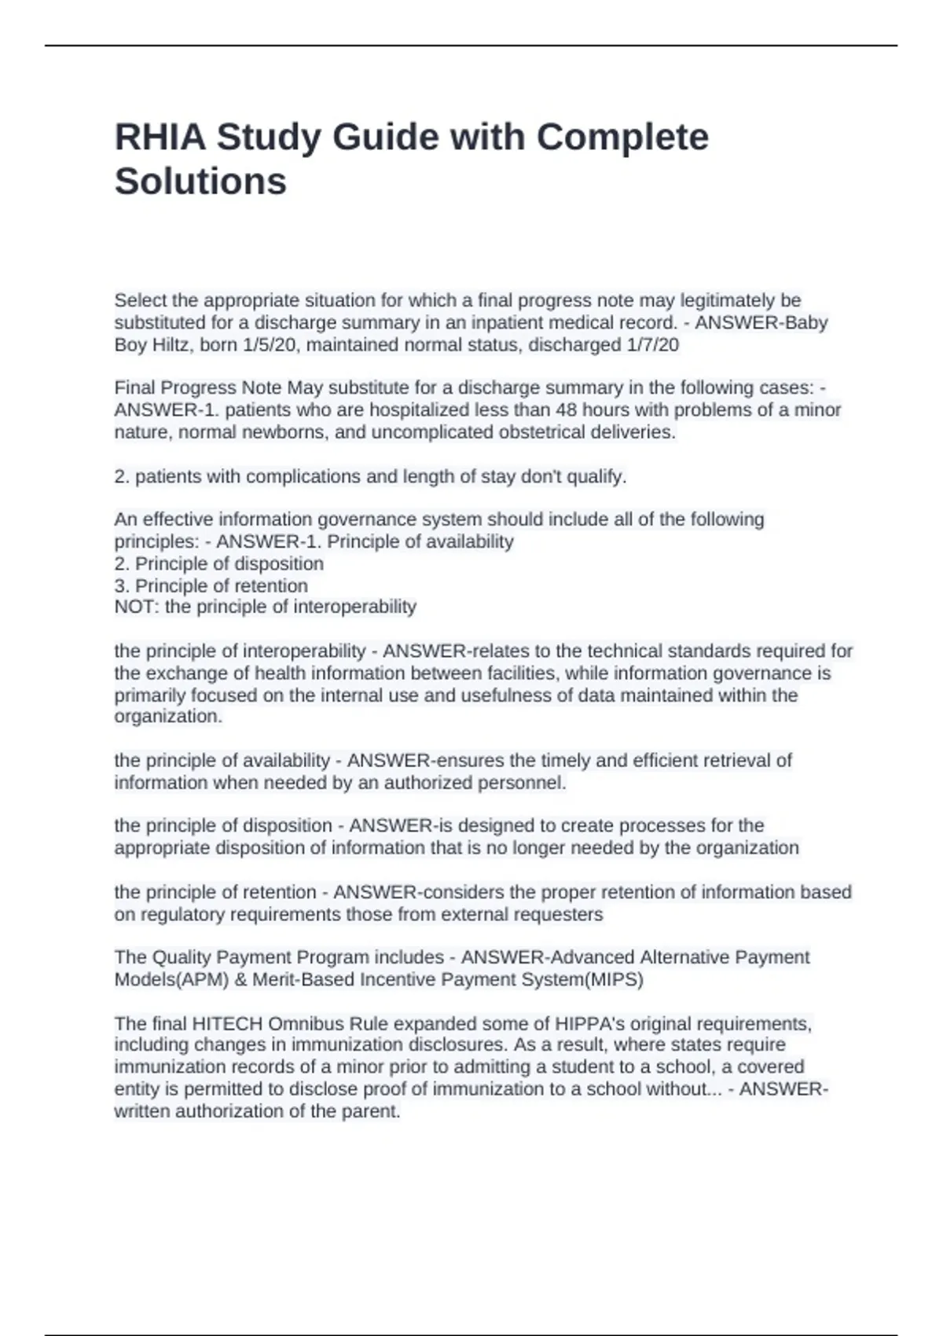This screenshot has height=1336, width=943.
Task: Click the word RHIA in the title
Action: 160,138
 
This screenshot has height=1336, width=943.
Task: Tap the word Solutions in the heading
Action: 200,182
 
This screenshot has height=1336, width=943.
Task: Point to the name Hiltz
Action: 173,345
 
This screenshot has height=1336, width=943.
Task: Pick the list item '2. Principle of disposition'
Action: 219,563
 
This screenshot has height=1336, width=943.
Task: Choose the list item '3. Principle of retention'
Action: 211,585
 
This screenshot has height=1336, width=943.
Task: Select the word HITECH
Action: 228,1024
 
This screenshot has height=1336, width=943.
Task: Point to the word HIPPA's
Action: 589,1024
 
